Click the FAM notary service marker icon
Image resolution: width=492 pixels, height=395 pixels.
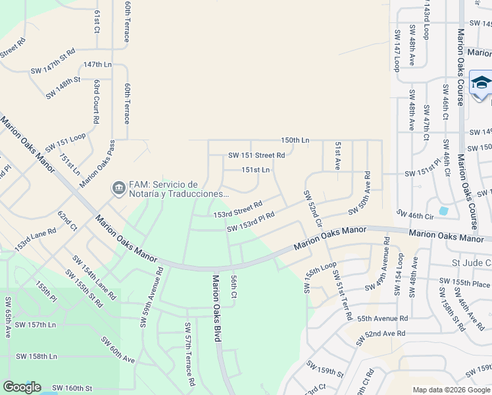118,189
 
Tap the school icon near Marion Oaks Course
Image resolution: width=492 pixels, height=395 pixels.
481,85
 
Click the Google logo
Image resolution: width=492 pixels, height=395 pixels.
22,387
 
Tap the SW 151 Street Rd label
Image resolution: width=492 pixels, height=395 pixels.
257,156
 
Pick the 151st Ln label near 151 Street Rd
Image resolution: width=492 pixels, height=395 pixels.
256,170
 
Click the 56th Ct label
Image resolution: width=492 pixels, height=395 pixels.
233,286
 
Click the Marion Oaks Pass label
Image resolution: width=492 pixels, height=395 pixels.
98,164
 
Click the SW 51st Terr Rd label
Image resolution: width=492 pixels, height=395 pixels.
341,295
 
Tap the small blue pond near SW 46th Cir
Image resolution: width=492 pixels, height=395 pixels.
443,211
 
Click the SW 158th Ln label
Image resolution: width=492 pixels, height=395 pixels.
36,356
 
